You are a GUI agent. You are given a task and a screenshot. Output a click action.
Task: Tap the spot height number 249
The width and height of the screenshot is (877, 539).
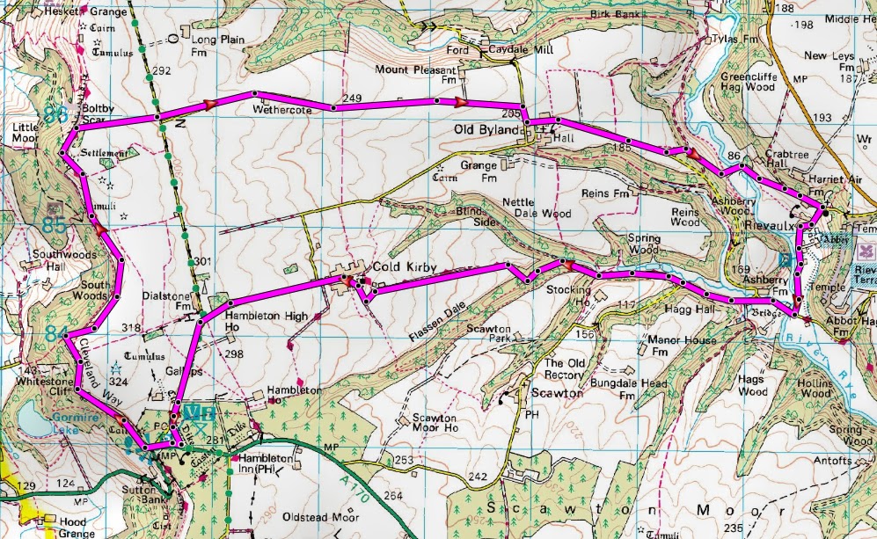point(354,98)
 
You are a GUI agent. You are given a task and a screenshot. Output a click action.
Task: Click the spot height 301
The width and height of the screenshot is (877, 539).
point(204,261)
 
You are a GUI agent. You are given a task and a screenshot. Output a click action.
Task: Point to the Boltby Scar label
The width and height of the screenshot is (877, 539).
point(99,114)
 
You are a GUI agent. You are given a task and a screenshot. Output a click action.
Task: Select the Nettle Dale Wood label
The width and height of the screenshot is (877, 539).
point(536,208)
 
